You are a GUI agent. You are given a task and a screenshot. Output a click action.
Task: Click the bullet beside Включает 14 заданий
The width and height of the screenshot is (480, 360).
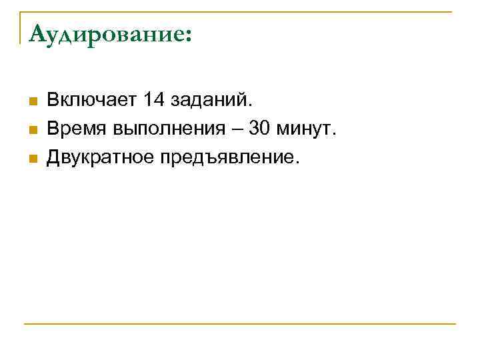[31, 101]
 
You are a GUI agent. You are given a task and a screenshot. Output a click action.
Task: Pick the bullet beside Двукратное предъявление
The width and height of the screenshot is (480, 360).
[31, 159]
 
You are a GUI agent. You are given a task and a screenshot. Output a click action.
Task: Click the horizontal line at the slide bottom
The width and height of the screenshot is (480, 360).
[240, 324]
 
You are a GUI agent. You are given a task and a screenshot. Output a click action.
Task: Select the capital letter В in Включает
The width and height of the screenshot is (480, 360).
[53, 101]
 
